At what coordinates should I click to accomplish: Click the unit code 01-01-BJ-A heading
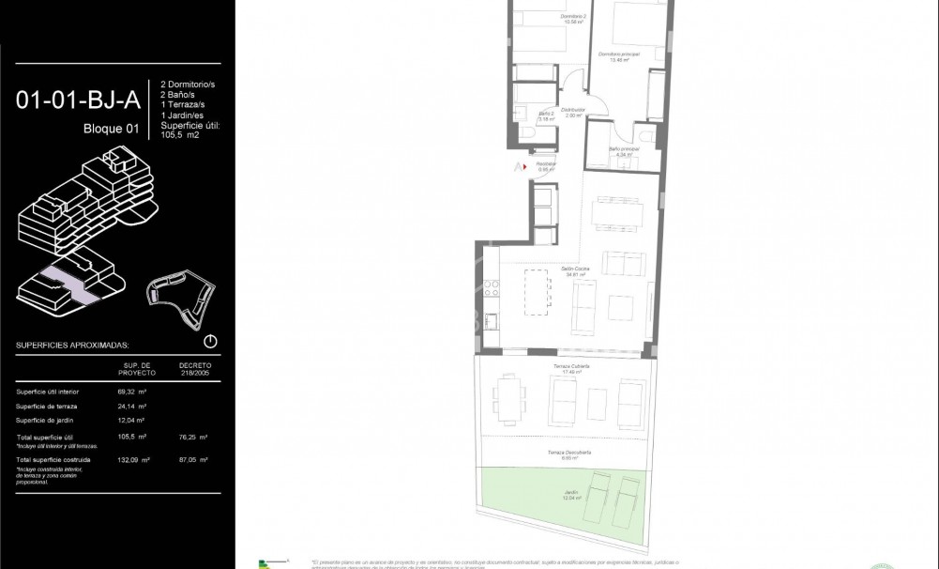pos(77,99)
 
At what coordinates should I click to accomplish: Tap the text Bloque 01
pos(111,129)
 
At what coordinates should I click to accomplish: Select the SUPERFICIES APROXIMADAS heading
pos(72,345)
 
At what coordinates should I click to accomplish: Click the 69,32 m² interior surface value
pos(136,392)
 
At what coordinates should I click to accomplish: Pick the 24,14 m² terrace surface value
pos(136,407)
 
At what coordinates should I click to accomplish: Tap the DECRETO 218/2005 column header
pos(194,368)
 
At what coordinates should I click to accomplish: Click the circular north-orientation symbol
pos(210,342)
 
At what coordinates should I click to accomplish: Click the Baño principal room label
pos(624,151)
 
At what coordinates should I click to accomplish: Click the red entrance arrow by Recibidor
pos(518,166)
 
